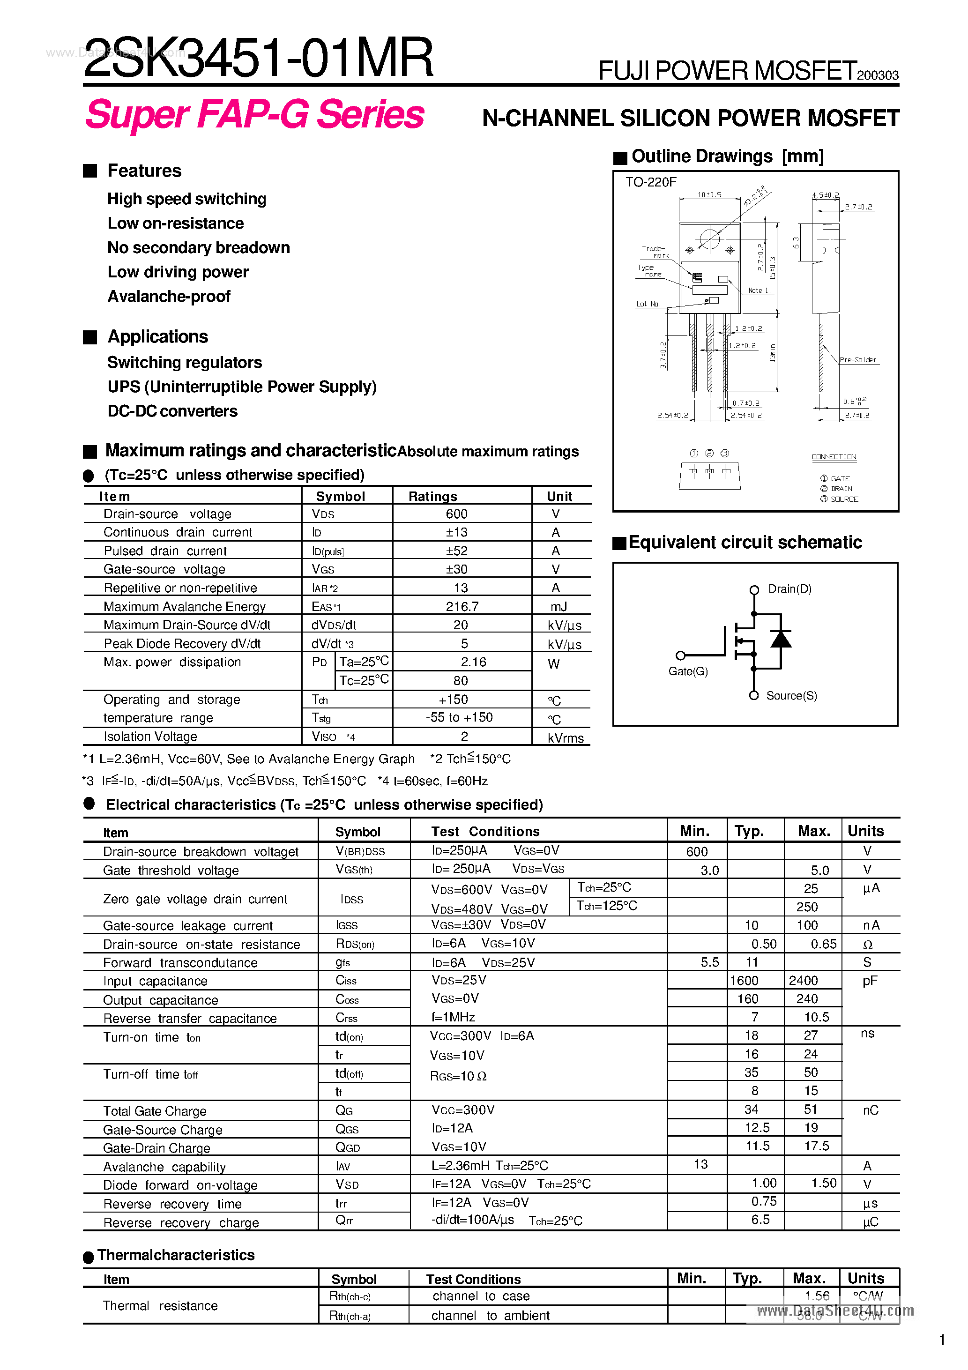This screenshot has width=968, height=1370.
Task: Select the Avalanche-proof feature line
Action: (169, 297)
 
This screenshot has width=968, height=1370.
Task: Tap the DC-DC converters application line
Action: (172, 411)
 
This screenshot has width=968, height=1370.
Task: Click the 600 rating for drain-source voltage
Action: (456, 514)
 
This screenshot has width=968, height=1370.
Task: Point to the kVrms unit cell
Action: (565, 738)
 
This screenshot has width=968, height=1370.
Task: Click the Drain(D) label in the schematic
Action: (789, 589)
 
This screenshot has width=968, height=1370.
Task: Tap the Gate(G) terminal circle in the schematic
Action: (680, 655)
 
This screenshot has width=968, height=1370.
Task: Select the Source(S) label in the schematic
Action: (791, 696)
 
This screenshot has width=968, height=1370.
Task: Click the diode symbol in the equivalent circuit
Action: (781, 640)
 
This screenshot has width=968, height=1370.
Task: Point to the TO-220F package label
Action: (650, 182)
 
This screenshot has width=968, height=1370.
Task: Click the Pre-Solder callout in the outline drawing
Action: (857, 360)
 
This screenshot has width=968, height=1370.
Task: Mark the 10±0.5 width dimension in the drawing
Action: (709, 194)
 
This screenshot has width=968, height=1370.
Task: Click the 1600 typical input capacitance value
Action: (744, 980)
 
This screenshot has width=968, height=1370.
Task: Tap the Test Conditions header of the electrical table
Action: (485, 831)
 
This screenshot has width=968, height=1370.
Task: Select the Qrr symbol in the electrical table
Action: (344, 1220)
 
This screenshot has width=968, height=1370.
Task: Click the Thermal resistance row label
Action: (160, 1305)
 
